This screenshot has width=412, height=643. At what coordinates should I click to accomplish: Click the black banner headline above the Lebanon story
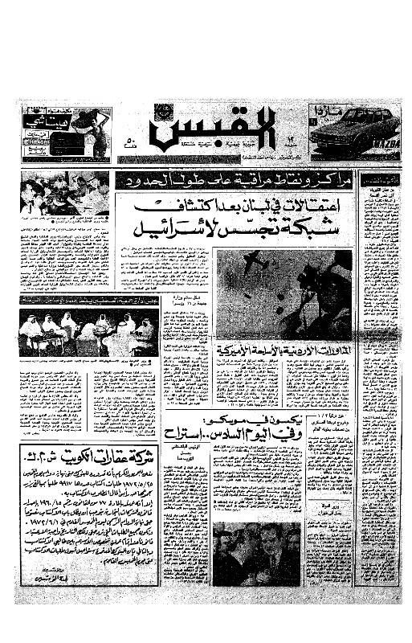[x=234, y=180]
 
